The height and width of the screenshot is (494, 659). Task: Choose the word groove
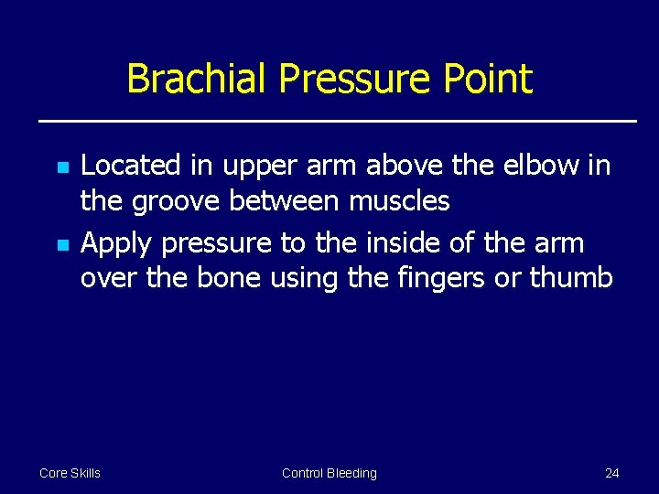175,201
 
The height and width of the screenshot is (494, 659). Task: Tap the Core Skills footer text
70,473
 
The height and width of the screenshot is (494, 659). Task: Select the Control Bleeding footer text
329,473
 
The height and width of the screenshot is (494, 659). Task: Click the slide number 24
611,473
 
